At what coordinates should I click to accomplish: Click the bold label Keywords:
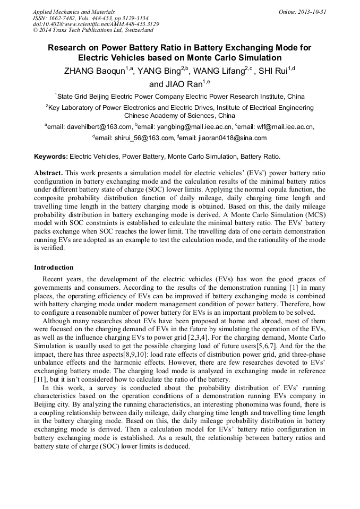point(51,157)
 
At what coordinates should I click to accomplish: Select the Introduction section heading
point(54,267)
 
